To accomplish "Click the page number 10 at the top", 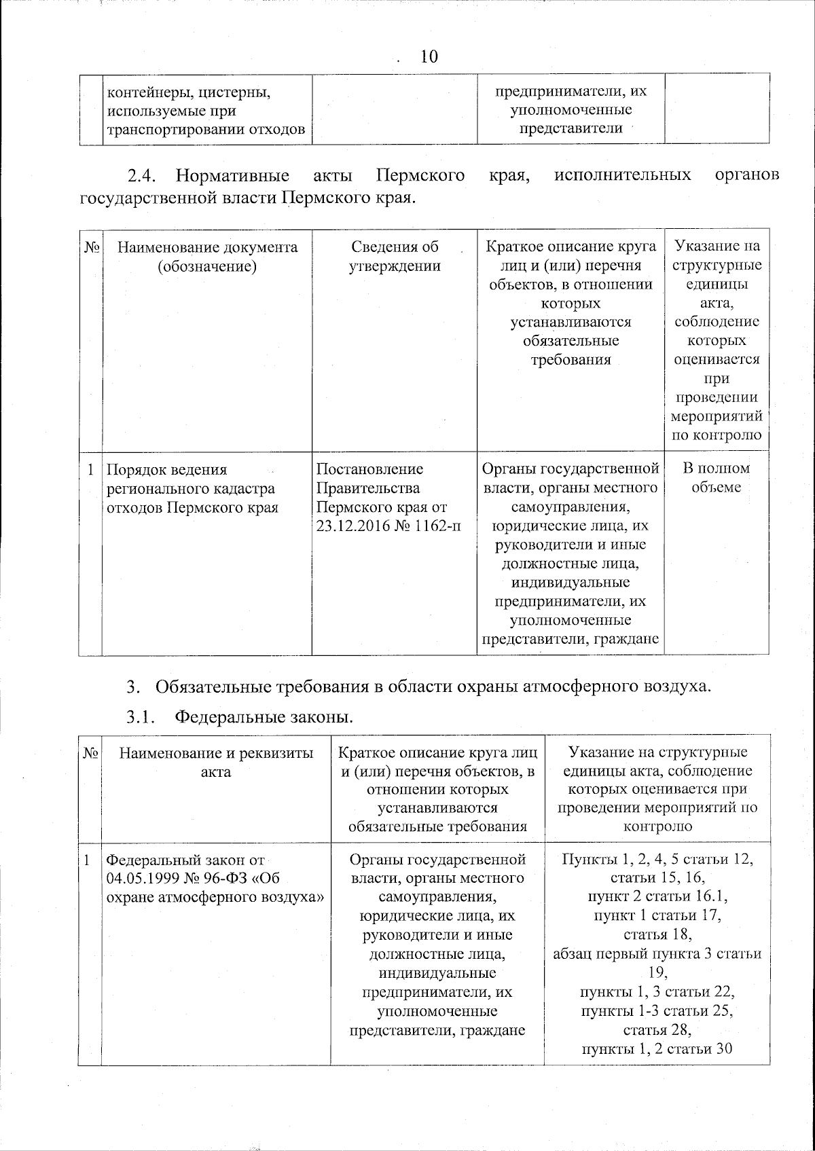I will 429,56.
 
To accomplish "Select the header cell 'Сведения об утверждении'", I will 394,256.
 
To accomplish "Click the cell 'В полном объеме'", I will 716,477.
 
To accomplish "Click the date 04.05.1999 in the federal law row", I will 140,879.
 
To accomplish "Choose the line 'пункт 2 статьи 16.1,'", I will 657,896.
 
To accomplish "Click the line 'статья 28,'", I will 657,1029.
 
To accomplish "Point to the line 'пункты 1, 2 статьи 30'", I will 657,1048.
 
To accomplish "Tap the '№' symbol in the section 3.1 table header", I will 90,753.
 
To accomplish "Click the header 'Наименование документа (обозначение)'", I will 207,256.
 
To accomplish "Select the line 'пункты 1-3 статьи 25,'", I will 657,1010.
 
